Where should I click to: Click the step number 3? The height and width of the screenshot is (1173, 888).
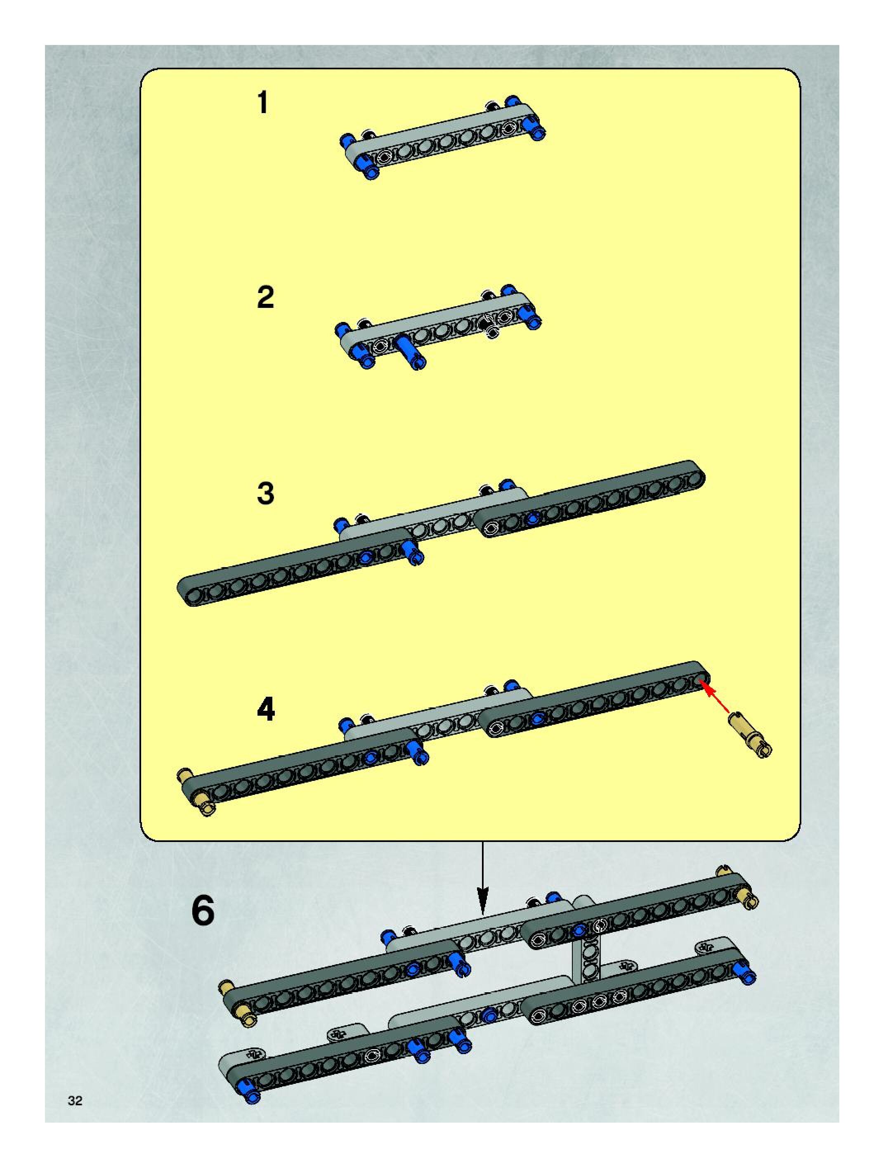coord(266,493)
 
